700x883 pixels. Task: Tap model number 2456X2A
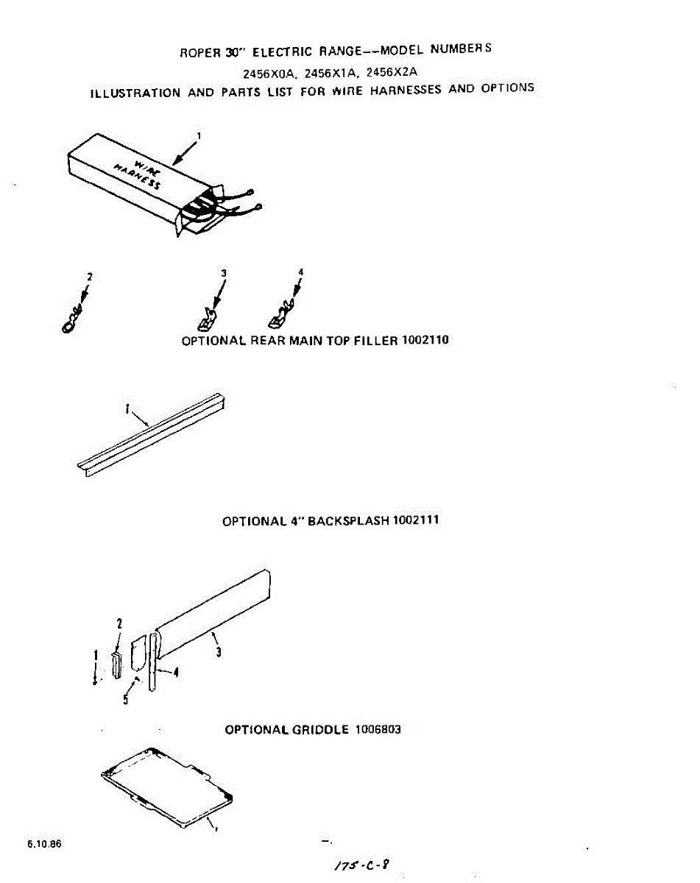point(392,72)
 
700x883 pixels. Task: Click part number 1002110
point(425,340)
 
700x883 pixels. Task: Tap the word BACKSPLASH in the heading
point(347,521)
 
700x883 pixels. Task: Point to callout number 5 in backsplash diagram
point(126,700)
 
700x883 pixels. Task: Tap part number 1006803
point(378,730)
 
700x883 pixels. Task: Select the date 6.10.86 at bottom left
point(45,844)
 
